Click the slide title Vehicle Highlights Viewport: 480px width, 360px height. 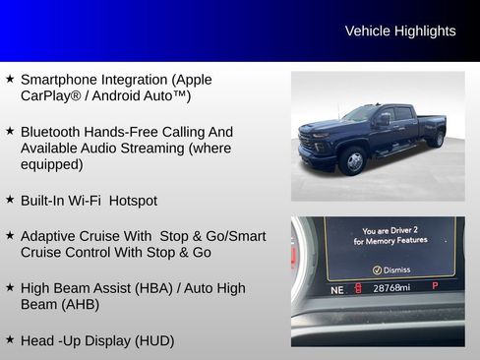click(x=399, y=31)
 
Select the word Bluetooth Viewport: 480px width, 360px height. click(x=51, y=132)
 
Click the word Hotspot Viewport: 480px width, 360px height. click(x=133, y=201)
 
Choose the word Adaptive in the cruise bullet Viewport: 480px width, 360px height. click(x=50, y=236)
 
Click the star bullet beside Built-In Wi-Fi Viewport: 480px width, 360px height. click(x=10, y=200)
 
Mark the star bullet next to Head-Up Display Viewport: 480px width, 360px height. click(x=10, y=339)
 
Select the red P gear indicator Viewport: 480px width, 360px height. click(x=435, y=286)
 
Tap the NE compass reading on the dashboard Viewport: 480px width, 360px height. click(x=337, y=289)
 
